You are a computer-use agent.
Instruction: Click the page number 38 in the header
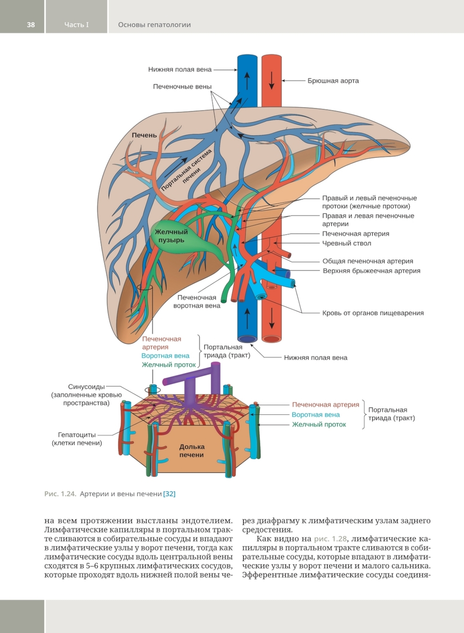[31, 25]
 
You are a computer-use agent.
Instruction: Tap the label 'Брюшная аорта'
[333, 81]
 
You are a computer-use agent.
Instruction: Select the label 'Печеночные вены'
[182, 87]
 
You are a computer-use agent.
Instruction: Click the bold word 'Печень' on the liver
[144, 135]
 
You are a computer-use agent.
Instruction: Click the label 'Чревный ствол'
[346, 243]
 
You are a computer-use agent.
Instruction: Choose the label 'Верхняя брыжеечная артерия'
[371, 271]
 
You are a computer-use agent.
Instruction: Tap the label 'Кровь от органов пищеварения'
[373, 313]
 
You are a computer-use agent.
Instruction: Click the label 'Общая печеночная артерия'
[367, 261]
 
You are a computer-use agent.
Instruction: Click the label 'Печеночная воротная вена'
[197, 302]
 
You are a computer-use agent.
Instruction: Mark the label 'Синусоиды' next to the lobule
[86, 387]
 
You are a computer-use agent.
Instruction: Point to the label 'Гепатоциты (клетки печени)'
[77, 439]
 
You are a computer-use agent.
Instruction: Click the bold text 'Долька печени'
[192, 451]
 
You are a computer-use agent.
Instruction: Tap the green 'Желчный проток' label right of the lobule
[319, 424]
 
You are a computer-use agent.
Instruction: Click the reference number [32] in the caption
[169, 494]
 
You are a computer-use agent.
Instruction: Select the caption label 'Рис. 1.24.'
[60, 494]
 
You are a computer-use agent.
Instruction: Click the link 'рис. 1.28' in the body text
[330, 539]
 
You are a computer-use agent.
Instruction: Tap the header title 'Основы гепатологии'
[155, 25]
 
